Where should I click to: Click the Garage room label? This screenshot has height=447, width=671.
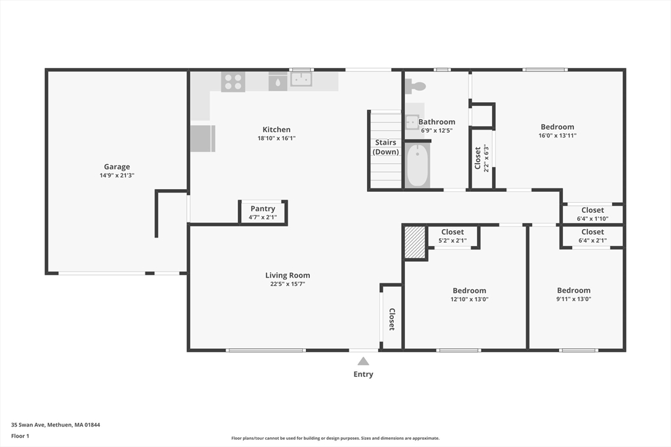pyautogui.click(x=117, y=167)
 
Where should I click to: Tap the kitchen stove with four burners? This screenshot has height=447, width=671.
pyautogui.click(x=233, y=82)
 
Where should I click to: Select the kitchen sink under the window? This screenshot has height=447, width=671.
pyautogui.click(x=301, y=79)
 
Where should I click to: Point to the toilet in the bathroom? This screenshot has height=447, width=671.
pyautogui.click(x=415, y=86)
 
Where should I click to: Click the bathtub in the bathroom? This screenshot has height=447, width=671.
pyautogui.click(x=417, y=166)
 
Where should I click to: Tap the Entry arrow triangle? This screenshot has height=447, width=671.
pyautogui.click(x=363, y=361)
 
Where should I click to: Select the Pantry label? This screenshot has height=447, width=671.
pyautogui.click(x=263, y=209)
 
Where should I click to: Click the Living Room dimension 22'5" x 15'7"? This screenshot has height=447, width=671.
pyautogui.click(x=288, y=284)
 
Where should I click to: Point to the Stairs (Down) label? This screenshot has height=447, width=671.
pyautogui.click(x=385, y=147)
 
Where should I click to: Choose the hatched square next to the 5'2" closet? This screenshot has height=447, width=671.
pyautogui.click(x=415, y=242)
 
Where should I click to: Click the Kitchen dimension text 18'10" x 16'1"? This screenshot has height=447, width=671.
pyautogui.click(x=277, y=138)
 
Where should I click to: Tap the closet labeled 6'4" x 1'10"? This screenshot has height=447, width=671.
pyautogui.click(x=592, y=213)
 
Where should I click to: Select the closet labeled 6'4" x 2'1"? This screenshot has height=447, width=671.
pyautogui.click(x=592, y=236)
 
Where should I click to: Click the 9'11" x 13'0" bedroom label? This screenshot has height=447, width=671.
pyautogui.click(x=573, y=295)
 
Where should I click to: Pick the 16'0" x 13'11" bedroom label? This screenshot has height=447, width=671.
pyautogui.click(x=557, y=131)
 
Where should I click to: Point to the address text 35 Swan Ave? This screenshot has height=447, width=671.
pyautogui.click(x=29, y=425)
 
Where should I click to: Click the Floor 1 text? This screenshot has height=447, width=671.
pyautogui.click(x=20, y=436)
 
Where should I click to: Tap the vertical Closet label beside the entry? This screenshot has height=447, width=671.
pyautogui.click(x=392, y=319)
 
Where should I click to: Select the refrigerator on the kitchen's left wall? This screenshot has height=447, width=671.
pyautogui.click(x=202, y=139)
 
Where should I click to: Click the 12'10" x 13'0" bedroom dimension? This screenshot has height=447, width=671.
pyautogui.click(x=469, y=299)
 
